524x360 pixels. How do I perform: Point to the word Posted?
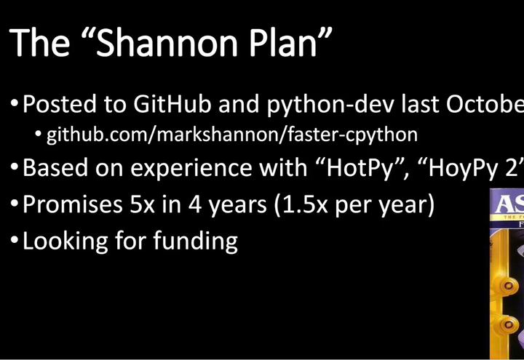pos(63,104)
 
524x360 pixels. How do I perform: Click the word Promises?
pos(73,204)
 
